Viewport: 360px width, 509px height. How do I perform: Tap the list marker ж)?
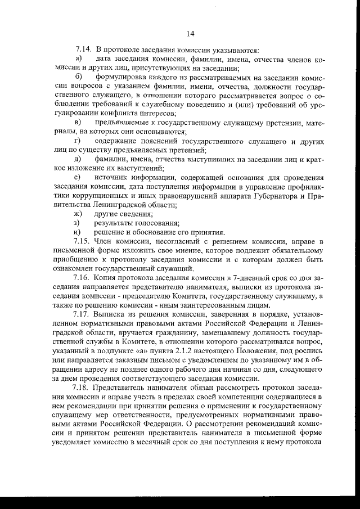click(x=79, y=213)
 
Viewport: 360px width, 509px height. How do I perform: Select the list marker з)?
click(x=78, y=222)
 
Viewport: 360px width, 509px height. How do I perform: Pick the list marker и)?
click(x=78, y=232)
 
